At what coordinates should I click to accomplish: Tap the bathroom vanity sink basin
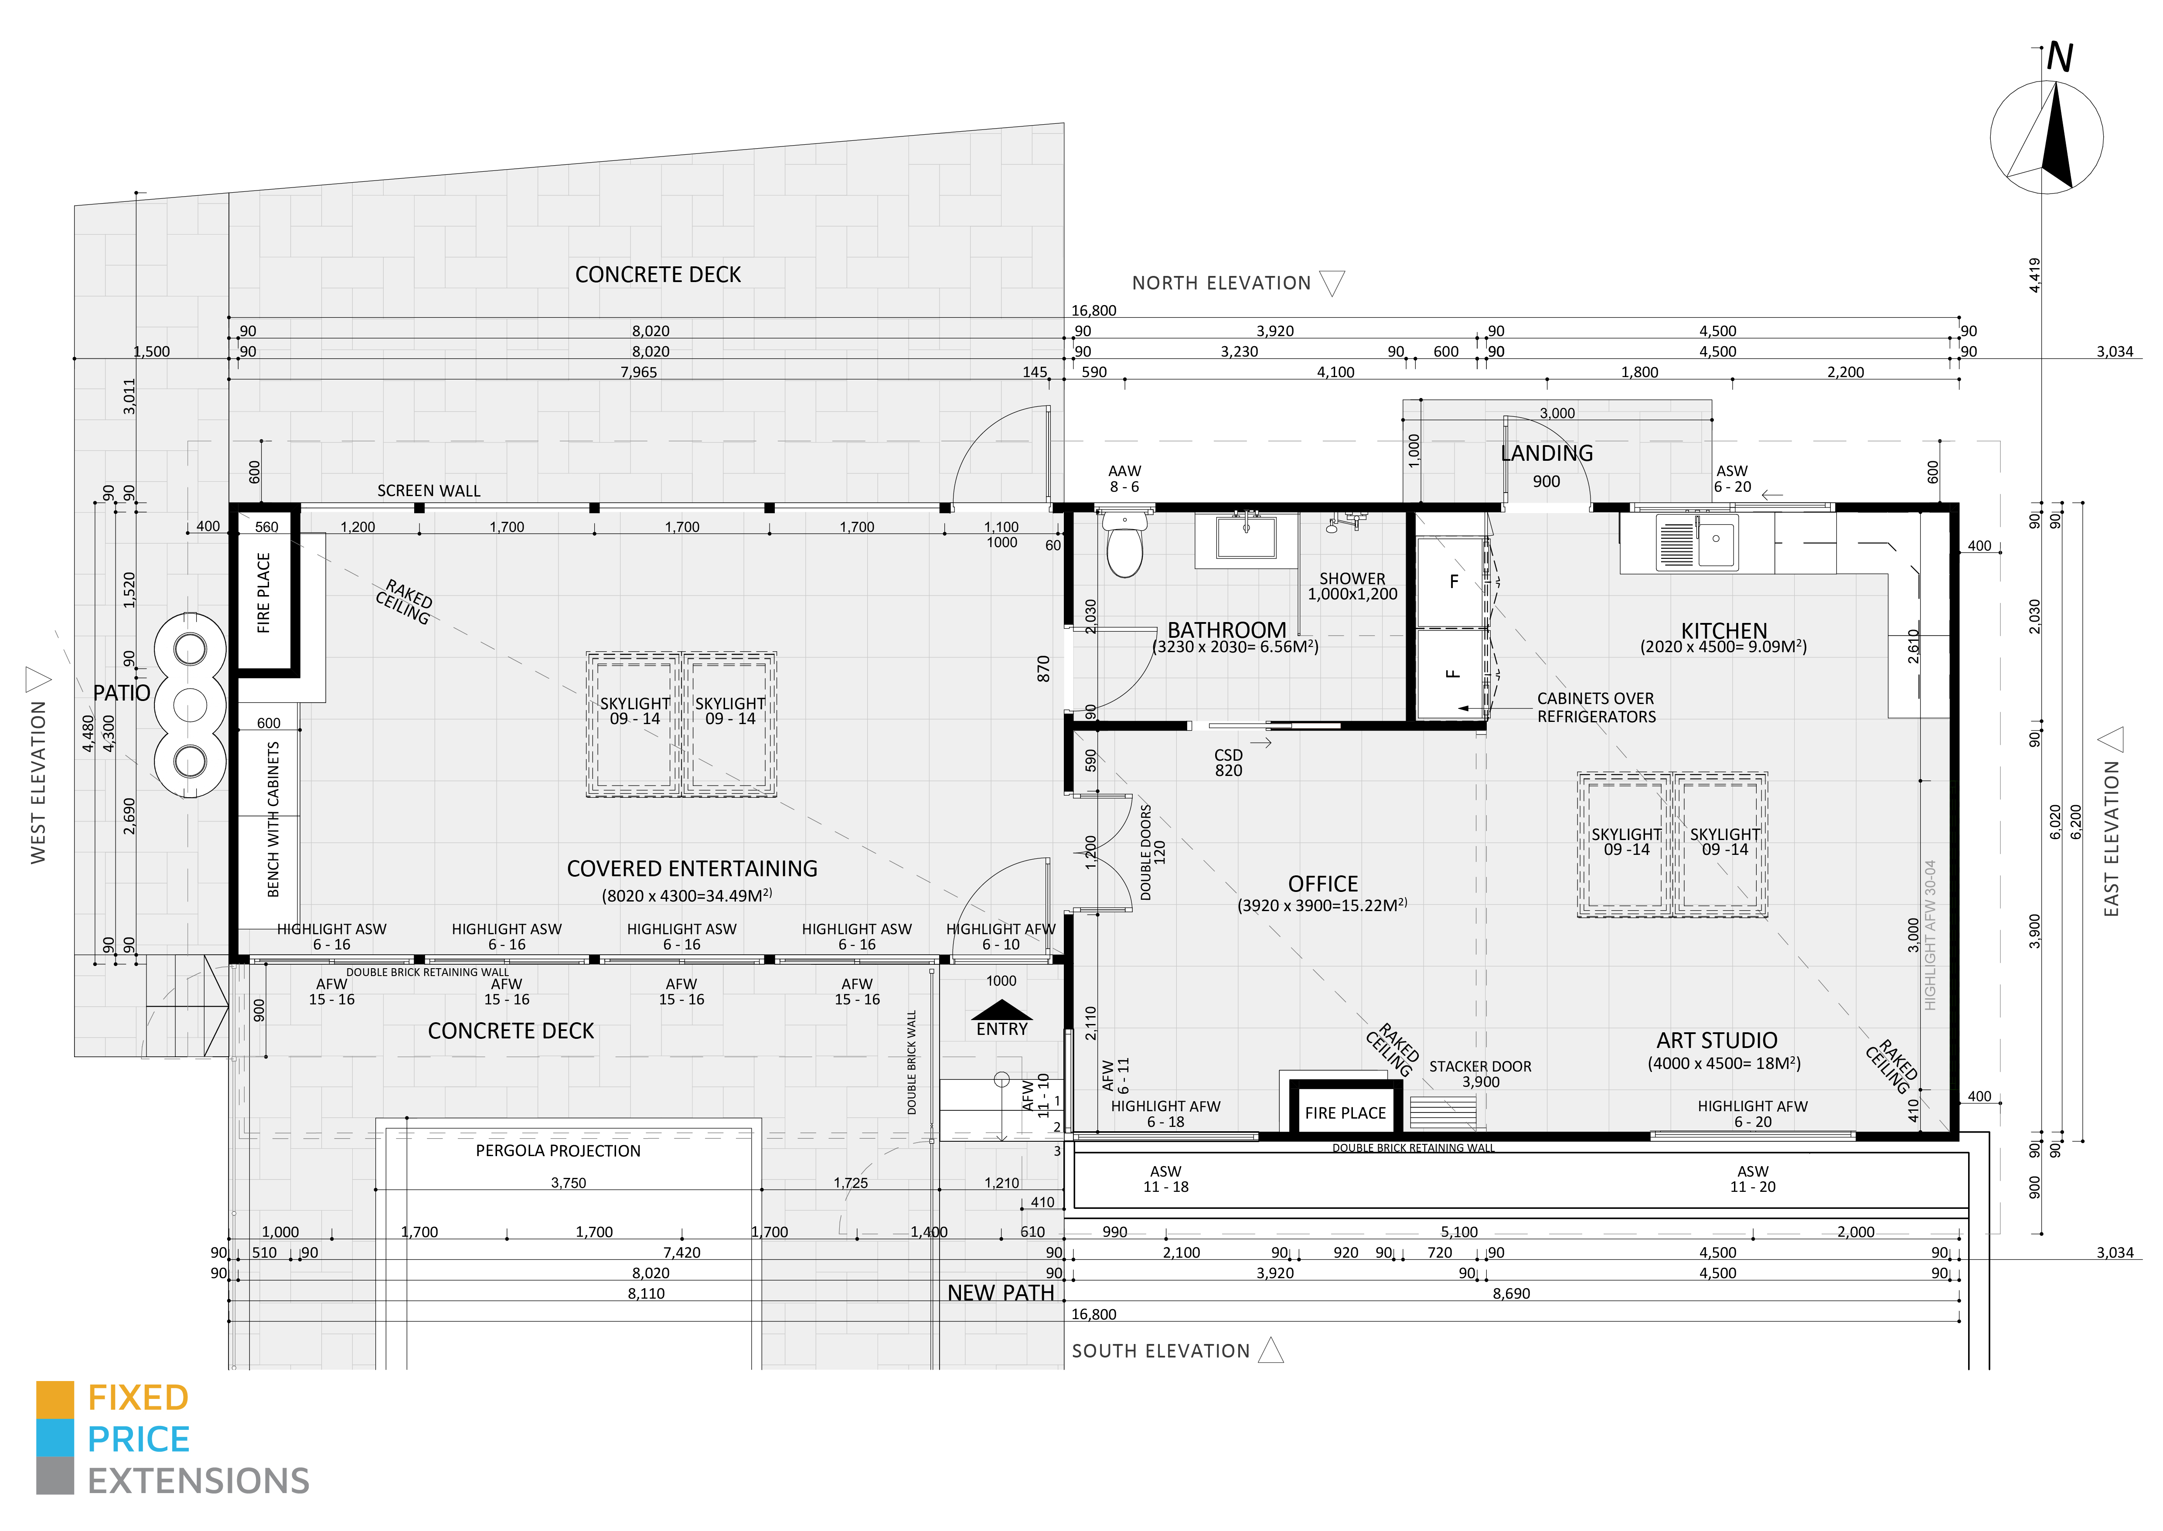click(1246, 538)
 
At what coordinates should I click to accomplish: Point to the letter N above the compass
click(2059, 58)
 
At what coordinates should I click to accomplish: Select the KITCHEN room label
click(1724, 631)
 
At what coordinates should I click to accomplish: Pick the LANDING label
click(1546, 453)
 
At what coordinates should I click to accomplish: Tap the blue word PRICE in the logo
click(139, 1439)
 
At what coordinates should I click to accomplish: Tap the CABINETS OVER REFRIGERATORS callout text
click(1595, 707)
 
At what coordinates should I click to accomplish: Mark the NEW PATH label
click(1001, 1293)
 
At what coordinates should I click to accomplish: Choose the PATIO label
click(122, 693)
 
